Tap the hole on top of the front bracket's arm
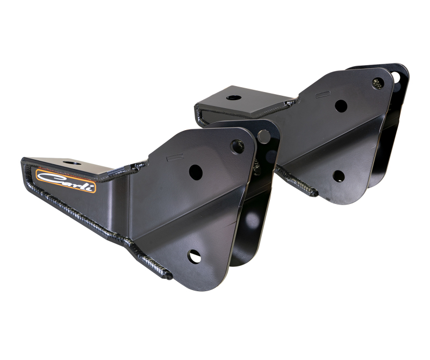(70, 161)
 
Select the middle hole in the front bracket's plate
(196, 172)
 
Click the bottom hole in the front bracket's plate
(195, 257)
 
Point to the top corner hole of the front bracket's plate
(237, 145)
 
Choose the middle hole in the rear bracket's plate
(341, 106)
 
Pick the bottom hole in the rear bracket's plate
(338, 176)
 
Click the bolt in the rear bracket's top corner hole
(378, 83)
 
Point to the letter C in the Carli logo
(46, 177)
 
